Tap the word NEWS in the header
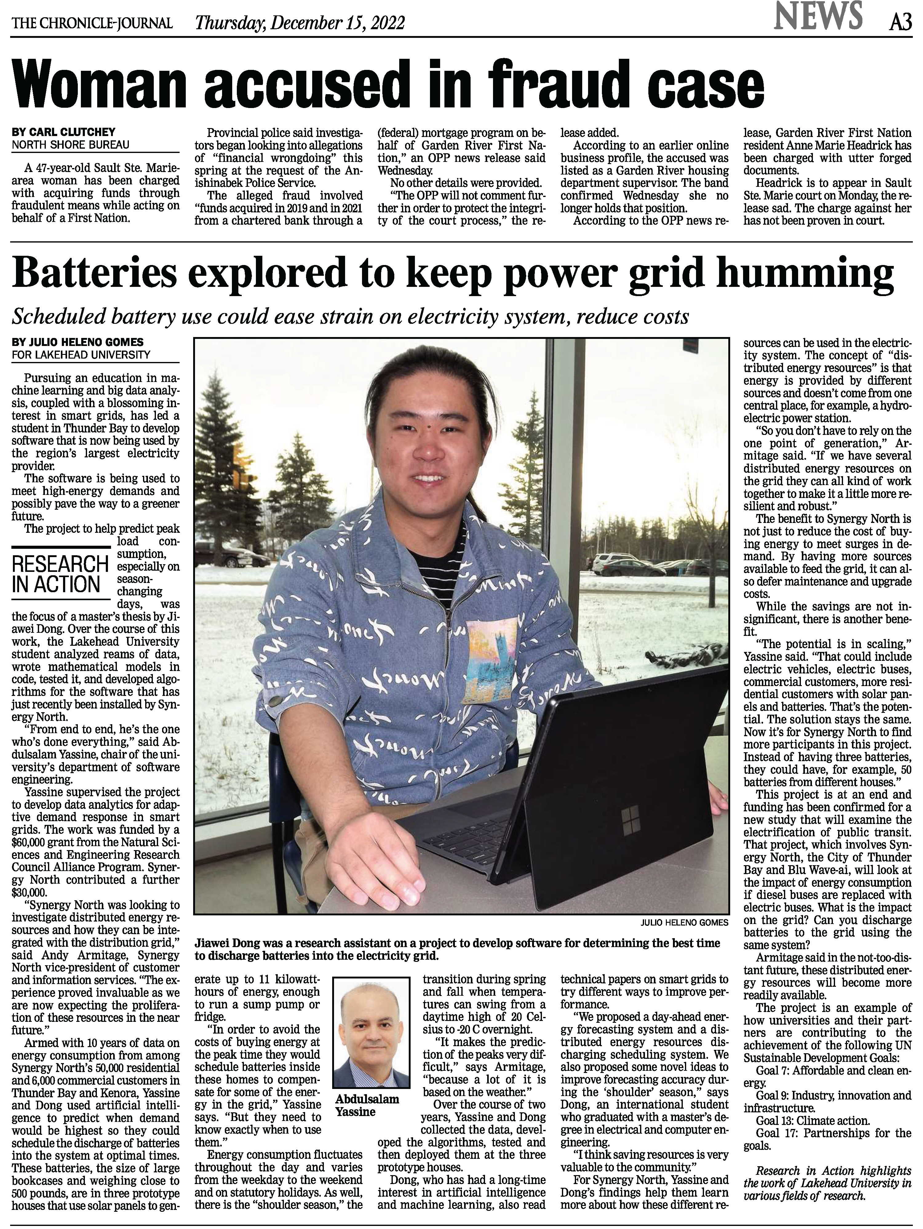click(819, 17)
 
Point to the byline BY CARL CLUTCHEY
click(64, 132)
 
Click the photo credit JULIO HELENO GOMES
click(684, 922)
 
